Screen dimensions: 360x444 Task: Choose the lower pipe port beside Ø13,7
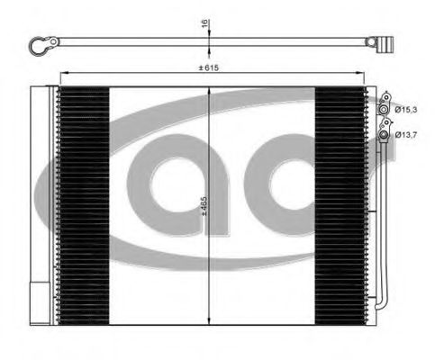387,135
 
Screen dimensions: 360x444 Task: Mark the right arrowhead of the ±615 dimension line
359,75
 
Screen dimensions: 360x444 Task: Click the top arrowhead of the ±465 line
209,91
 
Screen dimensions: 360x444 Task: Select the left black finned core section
83,204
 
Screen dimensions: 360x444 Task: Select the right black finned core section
340,204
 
